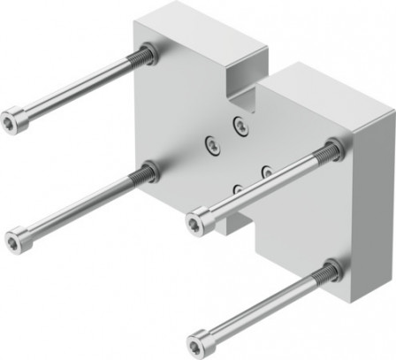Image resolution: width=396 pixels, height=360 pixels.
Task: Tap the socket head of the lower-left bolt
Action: click(x=15, y=238)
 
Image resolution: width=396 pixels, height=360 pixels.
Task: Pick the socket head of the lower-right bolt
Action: click(x=201, y=341)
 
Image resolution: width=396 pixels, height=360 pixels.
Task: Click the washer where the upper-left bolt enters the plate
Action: click(x=148, y=55)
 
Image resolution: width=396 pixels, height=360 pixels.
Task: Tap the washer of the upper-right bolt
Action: click(x=334, y=149)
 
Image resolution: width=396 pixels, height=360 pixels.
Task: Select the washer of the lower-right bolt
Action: click(x=333, y=270)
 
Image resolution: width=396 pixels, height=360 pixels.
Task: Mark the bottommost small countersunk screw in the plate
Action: click(x=238, y=188)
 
